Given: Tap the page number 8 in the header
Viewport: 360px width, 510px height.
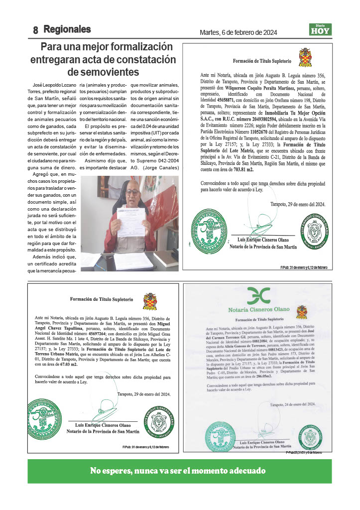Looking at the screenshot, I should coord(36,30).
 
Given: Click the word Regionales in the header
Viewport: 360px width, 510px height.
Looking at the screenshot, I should coord(67,29).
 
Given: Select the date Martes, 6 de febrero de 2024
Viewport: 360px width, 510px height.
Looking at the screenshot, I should coord(238,33).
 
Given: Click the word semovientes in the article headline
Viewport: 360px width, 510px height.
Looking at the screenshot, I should coord(109,71).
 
